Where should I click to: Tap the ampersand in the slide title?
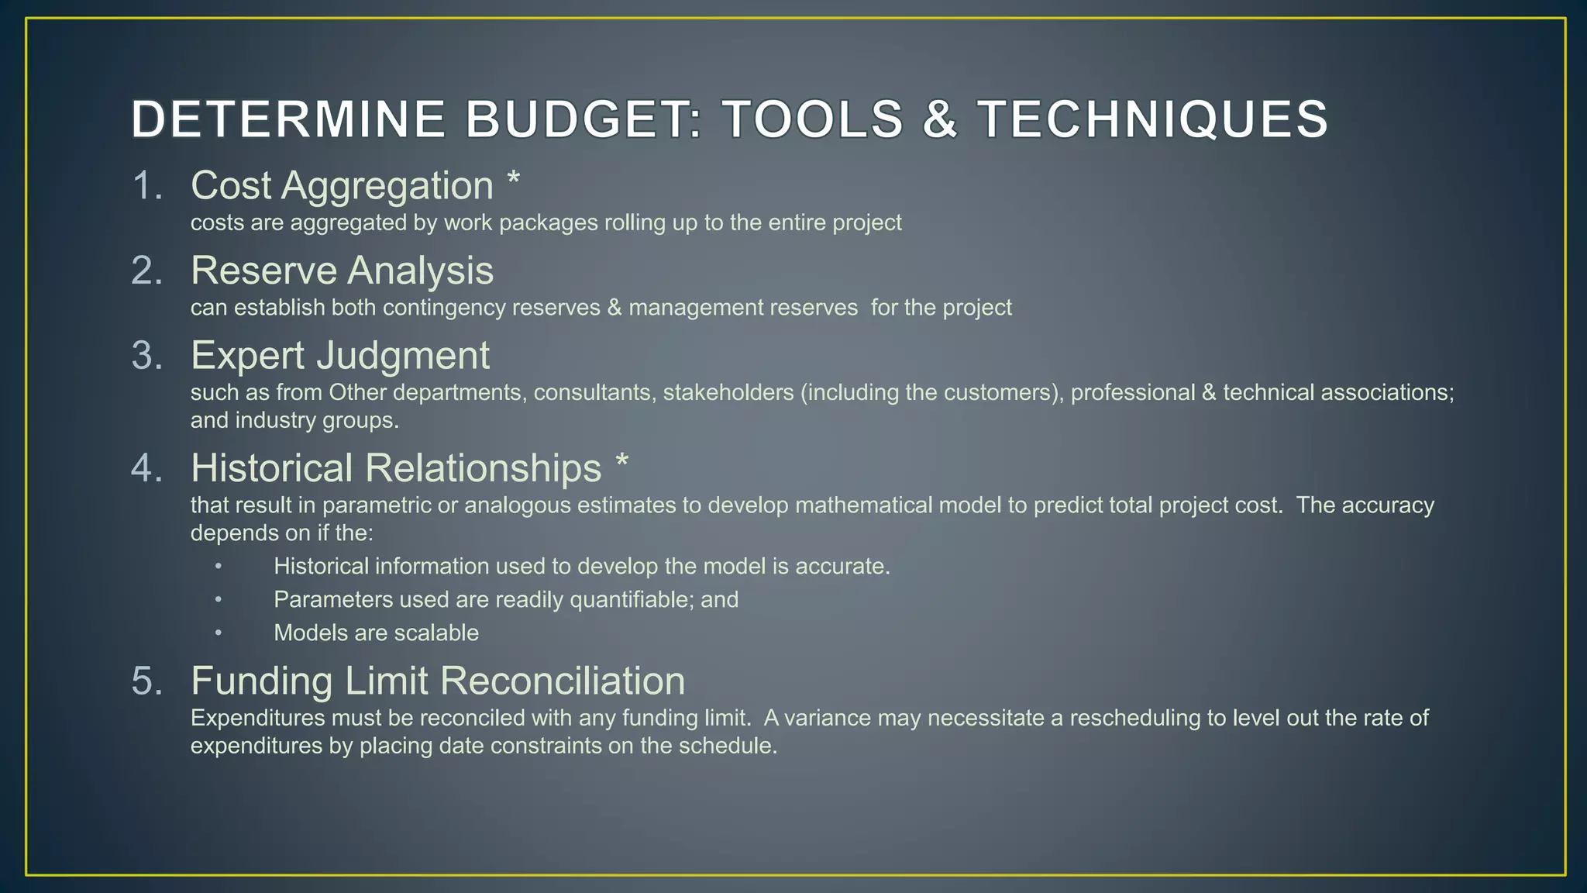tap(939, 120)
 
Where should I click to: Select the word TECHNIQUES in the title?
tap(1152, 120)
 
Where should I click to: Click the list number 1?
tap(147, 186)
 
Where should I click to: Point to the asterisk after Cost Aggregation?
tap(513, 181)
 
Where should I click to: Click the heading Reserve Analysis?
tap(342, 271)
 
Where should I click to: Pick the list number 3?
tap(147, 356)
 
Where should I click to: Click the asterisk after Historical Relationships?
tap(621, 464)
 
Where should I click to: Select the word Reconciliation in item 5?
tap(563, 681)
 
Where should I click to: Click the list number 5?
tap(147, 681)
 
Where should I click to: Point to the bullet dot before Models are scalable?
tap(219, 633)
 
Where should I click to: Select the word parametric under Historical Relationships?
tap(376, 505)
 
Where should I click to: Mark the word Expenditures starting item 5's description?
tap(257, 718)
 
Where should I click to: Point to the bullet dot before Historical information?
tap(219, 567)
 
